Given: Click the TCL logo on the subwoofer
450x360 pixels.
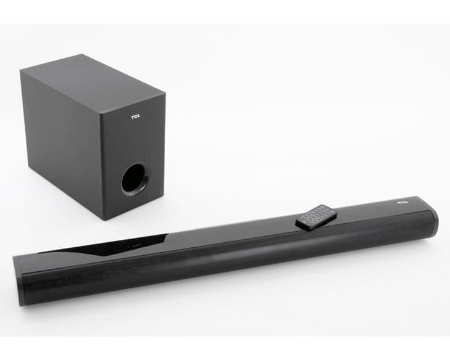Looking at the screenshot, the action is pos(136,117).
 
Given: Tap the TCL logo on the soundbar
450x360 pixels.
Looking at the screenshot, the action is pos(403,203).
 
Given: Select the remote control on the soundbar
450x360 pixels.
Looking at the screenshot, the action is pos(316,217).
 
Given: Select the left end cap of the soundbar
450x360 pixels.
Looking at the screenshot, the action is pos(18,280).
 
